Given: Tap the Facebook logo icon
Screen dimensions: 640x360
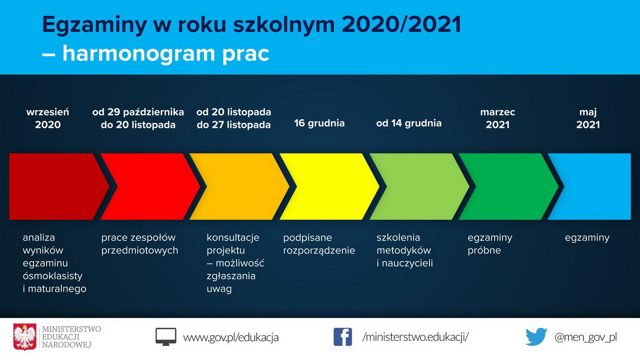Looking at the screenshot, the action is pyautogui.click(x=342, y=337).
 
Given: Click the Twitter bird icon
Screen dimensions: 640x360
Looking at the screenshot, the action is pyautogui.click(x=536, y=337).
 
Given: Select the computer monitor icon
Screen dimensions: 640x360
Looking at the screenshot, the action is pyautogui.click(x=165, y=337).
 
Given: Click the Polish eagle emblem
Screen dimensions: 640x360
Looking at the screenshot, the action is pyautogui.click(x=25, y=337).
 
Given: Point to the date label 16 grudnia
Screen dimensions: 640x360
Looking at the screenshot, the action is pyautogui.click(x=319, y=123).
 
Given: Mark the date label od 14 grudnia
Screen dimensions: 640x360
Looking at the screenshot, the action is pyautogui.click(x=409, y=123).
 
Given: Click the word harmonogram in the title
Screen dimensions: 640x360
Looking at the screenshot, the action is pyautogui.click(x=138, y=53).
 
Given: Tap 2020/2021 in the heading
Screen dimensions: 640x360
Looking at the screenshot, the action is pyautogui.click(x=401, y=24).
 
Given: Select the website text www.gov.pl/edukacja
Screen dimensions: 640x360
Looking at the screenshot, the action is pyautogui.click(x=231, y=337).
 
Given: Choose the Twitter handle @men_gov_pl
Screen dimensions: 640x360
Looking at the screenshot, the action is pyautogui.click(x=585, y=337).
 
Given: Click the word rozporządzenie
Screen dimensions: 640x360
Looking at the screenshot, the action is pyautogui.click(x=319, y=250).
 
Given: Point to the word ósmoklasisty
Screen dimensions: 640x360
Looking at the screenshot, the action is pyautogui.click(x=52, y=276).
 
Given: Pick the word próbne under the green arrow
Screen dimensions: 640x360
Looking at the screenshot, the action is pyautogui.click(x=484, y=250).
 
